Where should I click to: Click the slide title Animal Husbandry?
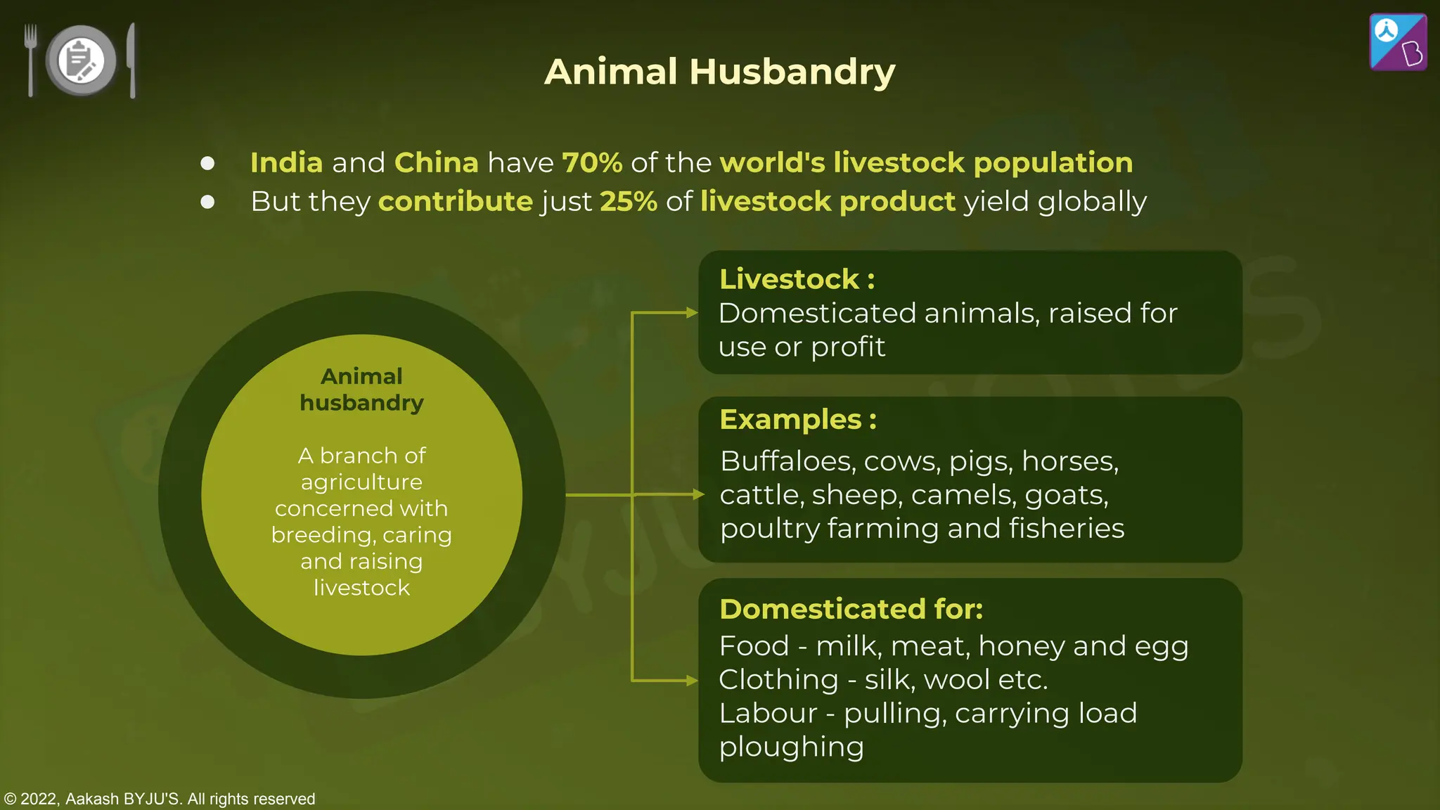[719, 72]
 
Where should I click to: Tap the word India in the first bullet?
[286, 162]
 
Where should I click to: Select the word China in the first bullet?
[436, 162]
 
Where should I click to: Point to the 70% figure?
[592, 162]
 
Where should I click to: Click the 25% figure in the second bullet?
[628, 202]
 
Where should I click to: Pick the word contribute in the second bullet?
[455, 202]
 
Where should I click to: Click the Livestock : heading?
[797, 279]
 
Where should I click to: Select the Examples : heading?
[797, 419]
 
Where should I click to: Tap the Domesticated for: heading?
[851, 609]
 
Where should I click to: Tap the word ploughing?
[791, 747]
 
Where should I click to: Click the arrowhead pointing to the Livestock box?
[692, 313]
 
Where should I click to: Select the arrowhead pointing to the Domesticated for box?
[692, 681]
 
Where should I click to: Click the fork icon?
[30, 59]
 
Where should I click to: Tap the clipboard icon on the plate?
[81, 60]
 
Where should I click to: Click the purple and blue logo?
[1398, 42]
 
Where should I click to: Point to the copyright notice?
[160, 799]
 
